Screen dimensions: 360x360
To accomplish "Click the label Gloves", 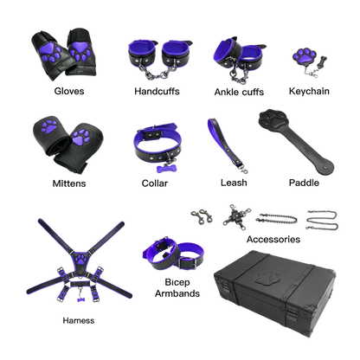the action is click(x=69, y=91).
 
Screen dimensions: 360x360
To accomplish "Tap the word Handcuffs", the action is click(x=157, y=92).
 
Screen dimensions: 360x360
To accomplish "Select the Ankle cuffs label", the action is click(x=239, y=92).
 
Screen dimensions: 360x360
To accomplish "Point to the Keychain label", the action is click(x=309, y=91).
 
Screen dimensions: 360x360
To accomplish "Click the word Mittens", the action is click(x=69, y=183).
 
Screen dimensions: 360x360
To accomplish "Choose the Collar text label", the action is click(x=155, y=183).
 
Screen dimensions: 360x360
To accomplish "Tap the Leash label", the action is click(x=234, y=183).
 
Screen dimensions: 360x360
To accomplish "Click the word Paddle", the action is click(x=304, y=183).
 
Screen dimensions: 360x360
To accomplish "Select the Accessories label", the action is click(x=273, y=239).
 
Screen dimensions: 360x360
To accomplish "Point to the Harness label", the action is click(x=79, y=320).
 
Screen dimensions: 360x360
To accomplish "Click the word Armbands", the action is click(x=177, y=293).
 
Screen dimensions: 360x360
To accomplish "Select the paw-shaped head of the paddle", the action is click(x=273, y=120).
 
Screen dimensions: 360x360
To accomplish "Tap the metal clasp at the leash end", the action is click(x=243, y=170).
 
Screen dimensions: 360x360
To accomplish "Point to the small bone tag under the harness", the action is click(x=81, y=299).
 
